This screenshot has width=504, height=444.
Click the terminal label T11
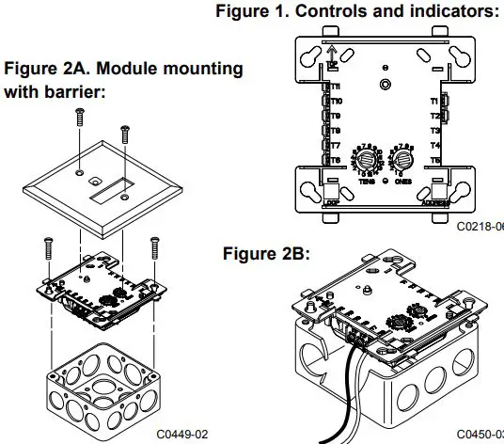(x=335, y=86)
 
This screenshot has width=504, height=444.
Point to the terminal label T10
(x=335, y=101)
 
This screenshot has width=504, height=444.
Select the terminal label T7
(x=335, y=146)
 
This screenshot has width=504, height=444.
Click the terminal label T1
(x=434, y=101)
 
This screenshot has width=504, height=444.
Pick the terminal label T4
(x=434, y=146)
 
